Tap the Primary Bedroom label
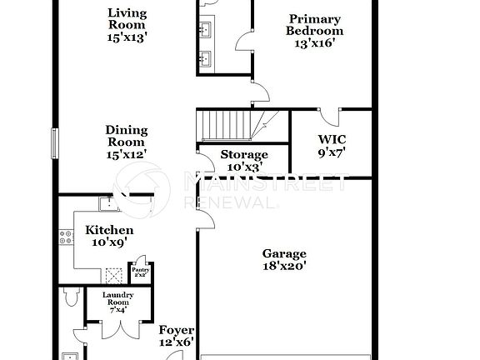314,25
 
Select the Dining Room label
127,137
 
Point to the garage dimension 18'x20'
284,267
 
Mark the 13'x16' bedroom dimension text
314,43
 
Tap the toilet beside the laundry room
70,297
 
